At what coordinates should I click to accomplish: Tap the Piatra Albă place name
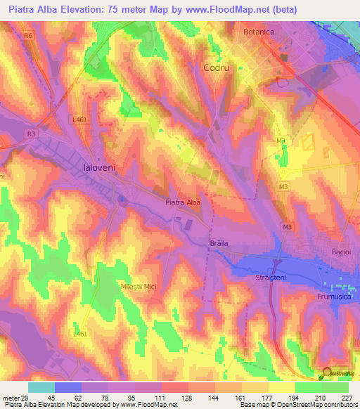[183, 202]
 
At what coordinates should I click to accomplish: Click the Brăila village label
[220, 244]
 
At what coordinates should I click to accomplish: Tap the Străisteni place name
[269, 278]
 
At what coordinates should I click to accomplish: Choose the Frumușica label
[333, 297]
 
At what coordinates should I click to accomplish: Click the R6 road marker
[28, 34]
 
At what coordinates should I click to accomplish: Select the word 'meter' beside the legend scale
[11, 398]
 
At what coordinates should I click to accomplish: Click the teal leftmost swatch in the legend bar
[41, 387]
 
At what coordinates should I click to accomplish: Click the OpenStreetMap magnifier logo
[328, 375]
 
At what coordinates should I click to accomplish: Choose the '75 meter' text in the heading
[139, 10]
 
